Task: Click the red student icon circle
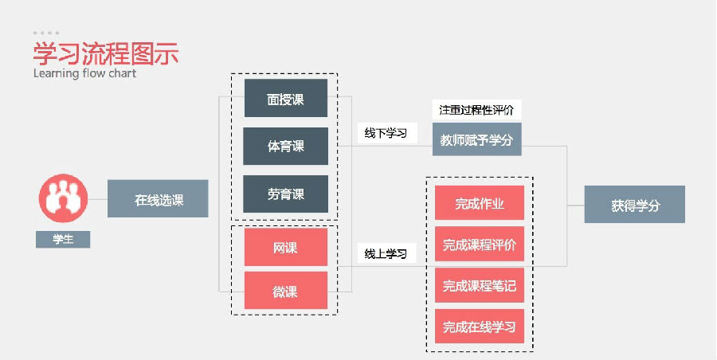click(x=63, y=198)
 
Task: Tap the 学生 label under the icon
click(x=63, y=239)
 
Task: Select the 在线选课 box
click(x=158, y=199)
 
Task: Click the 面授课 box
click(x=285, y=99)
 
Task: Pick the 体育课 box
click(x=285, y=146)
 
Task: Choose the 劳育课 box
click(x=285, y=194)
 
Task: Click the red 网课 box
click(x=285, y=247)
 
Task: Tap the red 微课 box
click(x=285, y=291)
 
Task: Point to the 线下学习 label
click(x=386, y=133)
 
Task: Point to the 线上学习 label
click(x=386, y=254)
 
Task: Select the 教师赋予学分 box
click(x=476, y=139)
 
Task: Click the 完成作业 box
click(x=480, y=203)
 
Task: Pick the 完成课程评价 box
click(x=480, y=245)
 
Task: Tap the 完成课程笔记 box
click(x=480, y=285)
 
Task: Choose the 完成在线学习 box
click(x=480, y=326)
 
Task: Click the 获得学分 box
click(x=635, y=205)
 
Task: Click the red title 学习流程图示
click(x=105, y=53)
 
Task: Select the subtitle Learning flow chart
click(x=84, y=73)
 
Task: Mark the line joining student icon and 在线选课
click(x=97, y=199)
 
